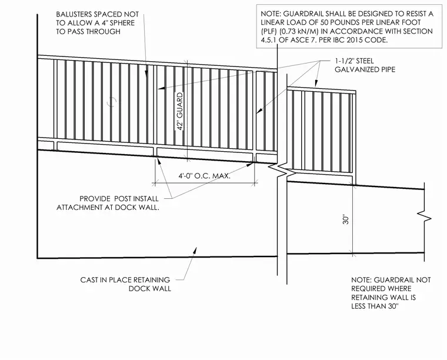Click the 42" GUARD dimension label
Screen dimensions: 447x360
pos(179,111)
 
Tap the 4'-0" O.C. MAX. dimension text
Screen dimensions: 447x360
pos(205,176)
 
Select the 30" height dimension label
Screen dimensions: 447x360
pos(346,220)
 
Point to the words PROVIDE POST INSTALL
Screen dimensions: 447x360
pos(119,199)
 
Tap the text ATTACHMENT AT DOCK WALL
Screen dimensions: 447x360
pos(108,208)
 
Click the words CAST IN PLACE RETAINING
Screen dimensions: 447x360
pos(125,280)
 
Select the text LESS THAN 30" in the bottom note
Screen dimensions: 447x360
pos(375,306)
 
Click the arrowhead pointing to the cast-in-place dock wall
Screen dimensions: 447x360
pos(195,249)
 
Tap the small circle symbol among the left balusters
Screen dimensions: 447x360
pos(112,102)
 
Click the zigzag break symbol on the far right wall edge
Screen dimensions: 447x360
pos(425,218)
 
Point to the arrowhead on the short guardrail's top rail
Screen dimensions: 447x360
pos(316,83)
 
